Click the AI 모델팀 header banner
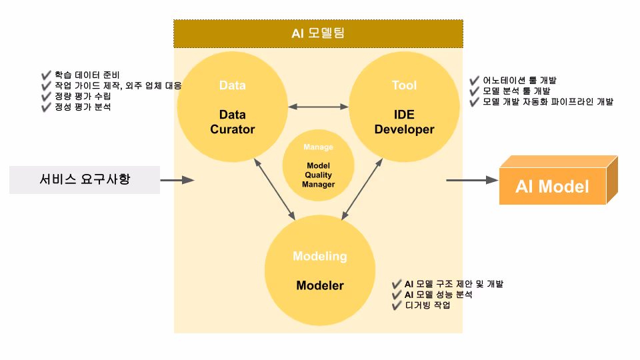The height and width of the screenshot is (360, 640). (x=318, y=34)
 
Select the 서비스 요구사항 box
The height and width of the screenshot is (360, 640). (x=85, y=179)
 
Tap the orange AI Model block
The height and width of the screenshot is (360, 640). (x=559, y=180)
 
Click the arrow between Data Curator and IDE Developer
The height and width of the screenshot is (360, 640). (x=318, y=107)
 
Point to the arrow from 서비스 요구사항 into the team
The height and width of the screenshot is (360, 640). (x=177, y=180)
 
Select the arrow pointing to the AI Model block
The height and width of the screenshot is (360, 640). (x=472, y=180)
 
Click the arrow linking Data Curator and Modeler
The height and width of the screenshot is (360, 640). (x=274, y=189)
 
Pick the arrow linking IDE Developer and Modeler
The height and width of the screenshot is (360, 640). (x=362, y=189)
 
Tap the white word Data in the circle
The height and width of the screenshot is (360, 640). (x=232, y=85)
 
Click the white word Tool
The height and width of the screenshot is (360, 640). (x=404, y=85)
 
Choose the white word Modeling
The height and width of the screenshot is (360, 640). (x=320, y=256)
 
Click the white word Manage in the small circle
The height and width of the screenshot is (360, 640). (x=319, y=147)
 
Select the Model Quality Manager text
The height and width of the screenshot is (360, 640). (x=319, y=175)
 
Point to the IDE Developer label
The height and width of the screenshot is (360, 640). (x=404, y=122)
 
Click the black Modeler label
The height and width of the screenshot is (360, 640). (x=320, y=285)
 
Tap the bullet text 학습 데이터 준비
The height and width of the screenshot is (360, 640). (x=87, y=75)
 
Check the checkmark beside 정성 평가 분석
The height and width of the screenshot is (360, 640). (x=46, y=107)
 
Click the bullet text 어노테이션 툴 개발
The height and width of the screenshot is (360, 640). (x=519, y=81)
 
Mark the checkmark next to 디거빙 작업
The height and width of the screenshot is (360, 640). (x=397, y=306)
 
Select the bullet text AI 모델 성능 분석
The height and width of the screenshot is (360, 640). (x=438, y=295)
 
